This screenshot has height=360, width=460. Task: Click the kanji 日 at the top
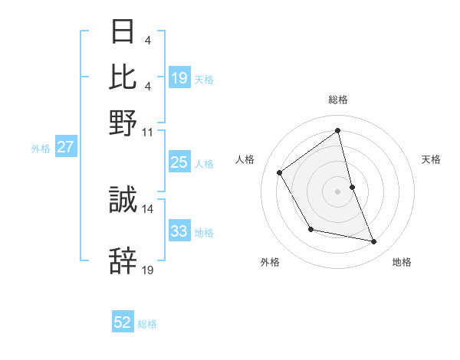pyautogui.click(x=123, y=32)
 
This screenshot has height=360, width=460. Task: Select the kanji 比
pyautogui.click(x=123, y=77)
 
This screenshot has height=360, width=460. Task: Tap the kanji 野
pyautogui.click(x=123, y=123)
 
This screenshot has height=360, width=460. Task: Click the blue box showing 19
pyautogui.click(x=179, y=77)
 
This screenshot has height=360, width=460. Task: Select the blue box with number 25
pyautogui.click(x=179, y=162)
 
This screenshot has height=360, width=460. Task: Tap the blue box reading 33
pyautogui.click(x=179, y=231)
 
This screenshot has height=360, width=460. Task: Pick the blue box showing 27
pyautogui.click(x=65, y=147)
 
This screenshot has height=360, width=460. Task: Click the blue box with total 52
pyautogui.click(x=123, y=322)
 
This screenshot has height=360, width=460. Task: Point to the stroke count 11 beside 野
pyautogui.click(x=148, y=132)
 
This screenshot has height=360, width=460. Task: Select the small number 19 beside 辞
pyautogui.click(x=148, y=270)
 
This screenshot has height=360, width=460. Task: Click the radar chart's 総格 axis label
pyautogui.click(x=338, y=100)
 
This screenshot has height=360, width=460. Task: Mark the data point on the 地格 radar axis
pyautogui.click(x=374, y=242)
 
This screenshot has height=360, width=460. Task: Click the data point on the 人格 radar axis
pyautogui.click(x=280, y=172)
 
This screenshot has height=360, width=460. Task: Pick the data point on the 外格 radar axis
pyautogui.click(x=310, y=229)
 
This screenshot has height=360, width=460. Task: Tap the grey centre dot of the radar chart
pyautogui.click(x=338, y=191)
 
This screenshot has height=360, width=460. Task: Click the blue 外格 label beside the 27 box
pyautogui.click(x=41, y=149)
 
